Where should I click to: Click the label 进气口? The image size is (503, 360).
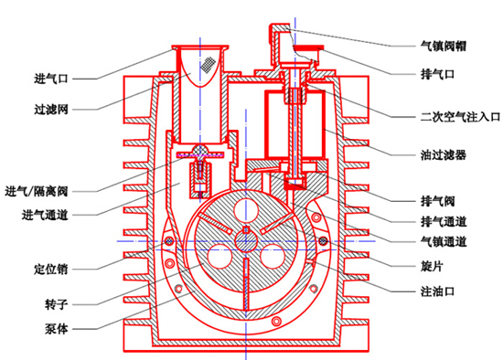(51, 79)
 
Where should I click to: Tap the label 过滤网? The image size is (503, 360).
(51, 110)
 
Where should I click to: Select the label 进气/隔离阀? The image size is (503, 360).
(37, 191)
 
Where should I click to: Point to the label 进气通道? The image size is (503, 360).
(45, 215)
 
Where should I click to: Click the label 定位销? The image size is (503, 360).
(51, 269)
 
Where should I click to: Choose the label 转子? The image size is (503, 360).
(57, 304)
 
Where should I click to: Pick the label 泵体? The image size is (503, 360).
(57, 329)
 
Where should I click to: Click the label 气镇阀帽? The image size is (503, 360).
(444, 46)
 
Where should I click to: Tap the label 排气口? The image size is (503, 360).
(437, 74)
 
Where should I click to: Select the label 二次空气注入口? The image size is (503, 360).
(460, 117)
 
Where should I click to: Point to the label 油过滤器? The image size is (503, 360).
(444, 154)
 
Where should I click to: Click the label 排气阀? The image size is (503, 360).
(437, 201)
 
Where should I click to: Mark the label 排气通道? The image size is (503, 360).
(444, 221)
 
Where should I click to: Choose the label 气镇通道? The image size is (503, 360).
(444, 241)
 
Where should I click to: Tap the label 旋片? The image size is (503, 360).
(432, 266)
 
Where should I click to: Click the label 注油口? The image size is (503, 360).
(437, 291)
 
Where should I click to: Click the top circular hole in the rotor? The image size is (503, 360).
(246, 211)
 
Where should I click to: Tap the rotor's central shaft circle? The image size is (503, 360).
(246, 240)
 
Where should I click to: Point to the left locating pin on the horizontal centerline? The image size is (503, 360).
(169, 240)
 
